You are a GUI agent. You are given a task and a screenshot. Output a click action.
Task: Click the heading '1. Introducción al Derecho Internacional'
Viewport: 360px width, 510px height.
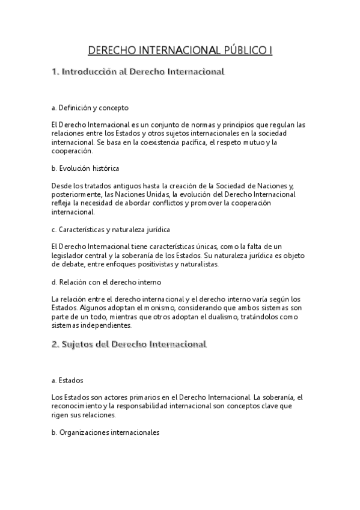[x=138, y=72]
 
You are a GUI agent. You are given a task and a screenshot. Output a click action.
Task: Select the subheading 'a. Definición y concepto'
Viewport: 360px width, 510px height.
[x=90, y=108]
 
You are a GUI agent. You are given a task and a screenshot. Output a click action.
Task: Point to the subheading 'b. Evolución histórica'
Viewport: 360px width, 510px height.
[x=85, y=168]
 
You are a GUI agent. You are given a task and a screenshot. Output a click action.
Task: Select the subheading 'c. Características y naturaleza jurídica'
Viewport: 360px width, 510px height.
[x=111, y=229]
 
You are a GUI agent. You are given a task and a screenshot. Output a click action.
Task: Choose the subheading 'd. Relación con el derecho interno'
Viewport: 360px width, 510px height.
[x=106, y=281]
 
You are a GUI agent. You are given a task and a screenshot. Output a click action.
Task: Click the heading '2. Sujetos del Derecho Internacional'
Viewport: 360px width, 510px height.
[x=129, y=345]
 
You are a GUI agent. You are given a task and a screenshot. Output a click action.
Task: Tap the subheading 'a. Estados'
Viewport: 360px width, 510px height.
[x=67, y=381]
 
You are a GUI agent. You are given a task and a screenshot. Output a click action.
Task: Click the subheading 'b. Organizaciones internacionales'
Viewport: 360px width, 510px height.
[x=105, y=432]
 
